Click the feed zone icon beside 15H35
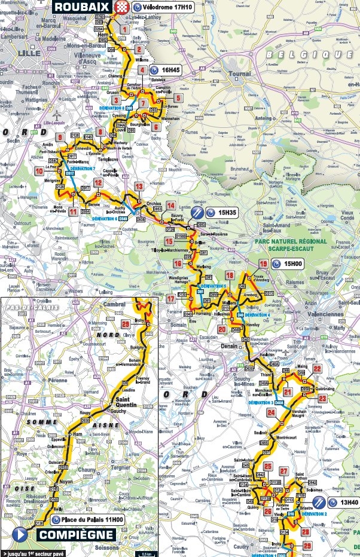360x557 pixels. [197, 212]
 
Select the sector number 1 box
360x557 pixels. [124, 29]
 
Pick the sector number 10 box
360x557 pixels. [39, 171]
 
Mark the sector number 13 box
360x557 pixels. [139, 186]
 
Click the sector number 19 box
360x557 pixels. [263, 264]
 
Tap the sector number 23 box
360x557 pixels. [323, 399]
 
